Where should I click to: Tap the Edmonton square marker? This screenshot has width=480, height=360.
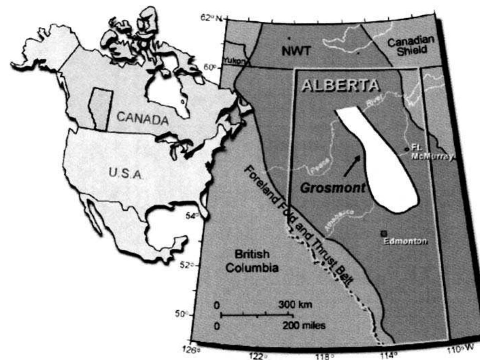coord(384,233)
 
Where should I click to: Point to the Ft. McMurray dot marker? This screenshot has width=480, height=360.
coord(407,149)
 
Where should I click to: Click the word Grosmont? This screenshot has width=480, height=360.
coord(332,188)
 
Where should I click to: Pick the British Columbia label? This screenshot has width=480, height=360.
coord(252,261)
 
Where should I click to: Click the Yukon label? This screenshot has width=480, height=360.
coord(234,60)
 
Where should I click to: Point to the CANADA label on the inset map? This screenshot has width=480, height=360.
coord(142,118)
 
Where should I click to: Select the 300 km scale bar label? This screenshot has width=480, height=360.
coord(295,304)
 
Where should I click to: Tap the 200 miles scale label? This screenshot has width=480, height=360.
coord(304,326)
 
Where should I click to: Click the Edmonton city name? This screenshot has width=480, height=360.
coord(405,241)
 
